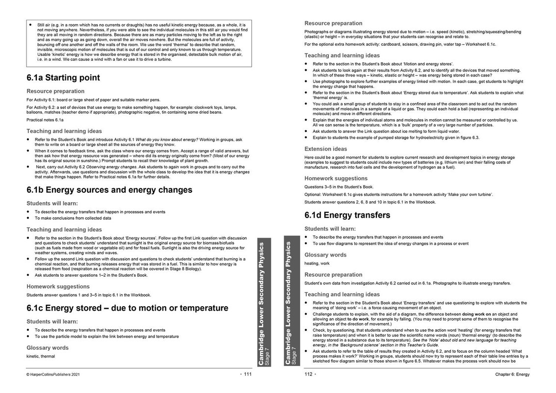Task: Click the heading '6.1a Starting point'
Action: pos(63,78)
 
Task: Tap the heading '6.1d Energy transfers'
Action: pos(347,215)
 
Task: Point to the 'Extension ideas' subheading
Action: pos(325,149)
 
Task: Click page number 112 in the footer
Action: pos(309,374)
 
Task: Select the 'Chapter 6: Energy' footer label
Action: pos(512,374)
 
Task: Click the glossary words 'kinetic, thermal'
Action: pos(41,356)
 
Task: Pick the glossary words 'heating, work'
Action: pos(318,263)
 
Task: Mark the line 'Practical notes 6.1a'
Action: pos(45,120)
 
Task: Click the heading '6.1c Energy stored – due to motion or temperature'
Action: pos(127,308)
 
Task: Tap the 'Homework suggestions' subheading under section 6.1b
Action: pos(58,287)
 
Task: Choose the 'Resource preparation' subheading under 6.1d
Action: pos(333,275)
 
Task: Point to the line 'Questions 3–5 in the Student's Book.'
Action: pos(339,187)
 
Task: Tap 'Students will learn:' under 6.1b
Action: pos(52,203)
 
